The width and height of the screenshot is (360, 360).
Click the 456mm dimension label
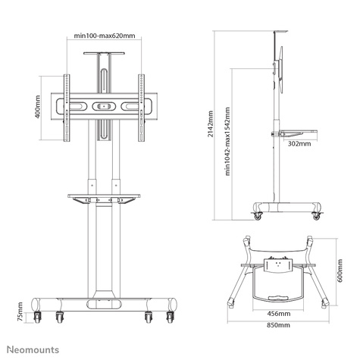point(278,312)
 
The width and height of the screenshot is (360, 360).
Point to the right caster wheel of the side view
point(315,216)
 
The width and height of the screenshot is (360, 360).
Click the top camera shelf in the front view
point(104,56)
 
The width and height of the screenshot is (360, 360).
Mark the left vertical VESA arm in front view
point(67,108)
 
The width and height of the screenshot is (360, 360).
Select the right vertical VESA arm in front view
point(141,108)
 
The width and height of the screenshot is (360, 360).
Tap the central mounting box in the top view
point(278,267)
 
